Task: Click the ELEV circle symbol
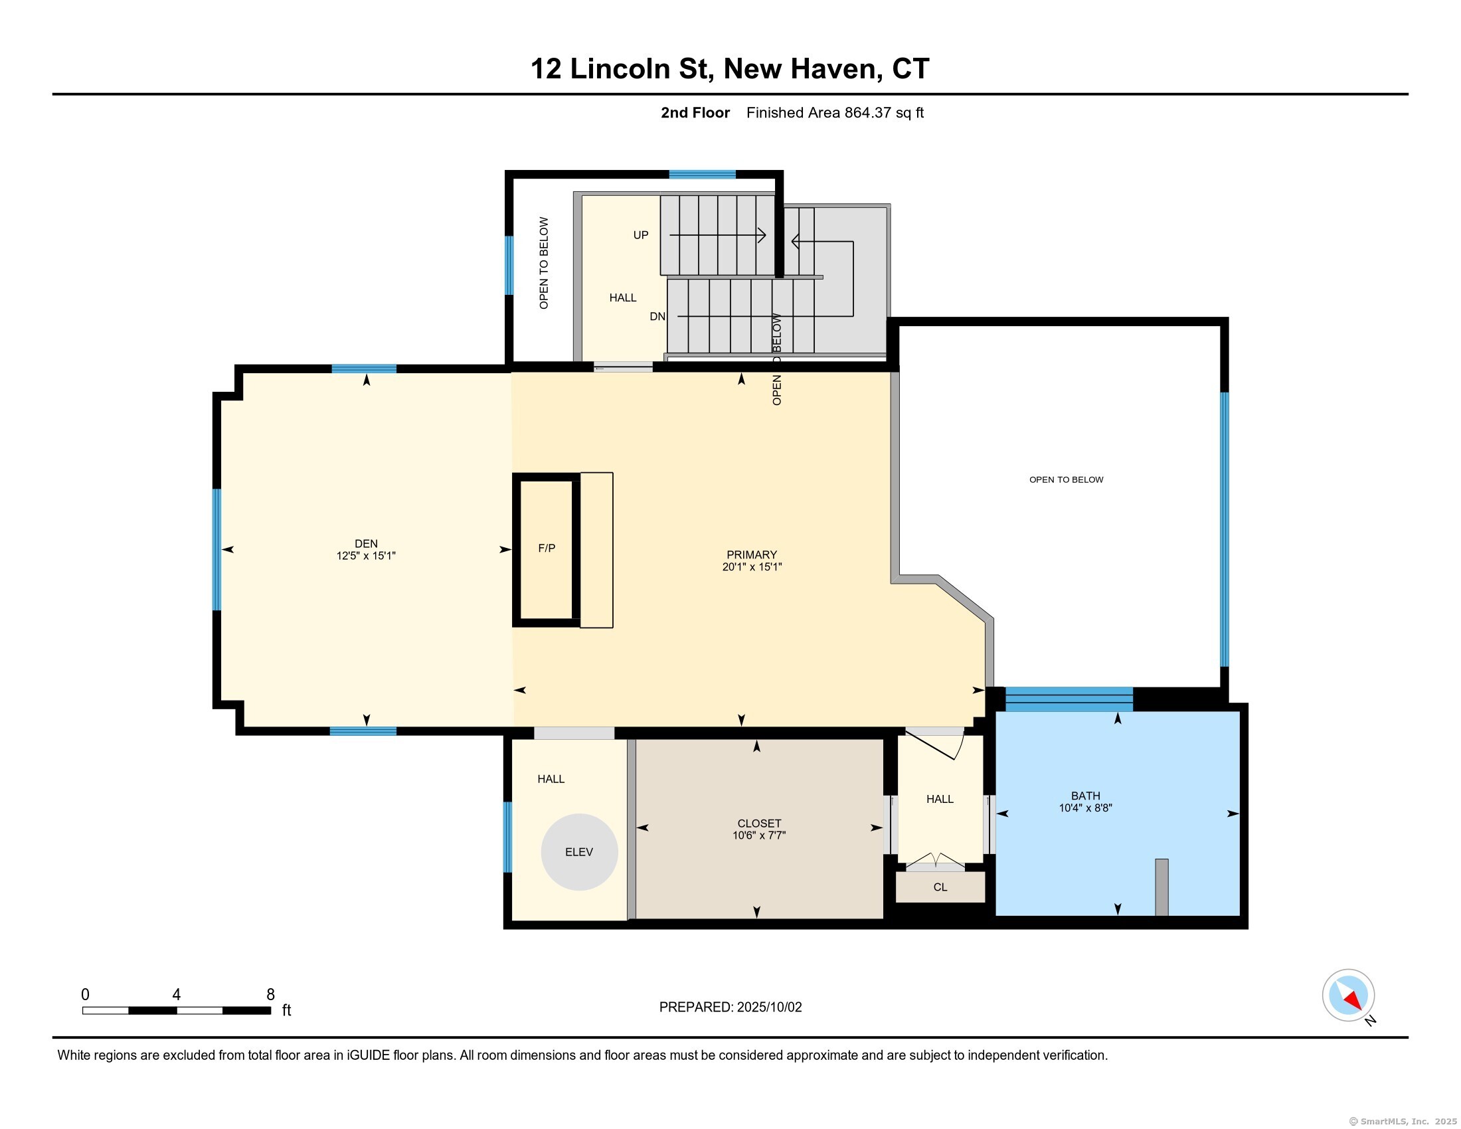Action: [579, 851]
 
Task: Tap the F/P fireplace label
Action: [547, 548]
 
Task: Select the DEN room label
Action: [366, 543]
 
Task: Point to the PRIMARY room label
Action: [752, 555]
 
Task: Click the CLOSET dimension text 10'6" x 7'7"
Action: [759, 835]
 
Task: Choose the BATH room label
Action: [1085, 795]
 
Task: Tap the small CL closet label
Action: [940, 887]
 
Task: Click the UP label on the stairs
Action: [641, 234]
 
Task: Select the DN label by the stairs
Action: [657, 316]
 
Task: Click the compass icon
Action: [1348, 995]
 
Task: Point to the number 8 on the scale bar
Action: [270, 994]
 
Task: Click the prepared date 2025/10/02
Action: [768, 1007]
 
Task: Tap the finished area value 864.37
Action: [868, 112]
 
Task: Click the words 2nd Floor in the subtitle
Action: [695, 112]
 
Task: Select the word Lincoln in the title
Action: [620, 69]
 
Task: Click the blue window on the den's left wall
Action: [216, 549]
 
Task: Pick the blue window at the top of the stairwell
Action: [703, 175]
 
